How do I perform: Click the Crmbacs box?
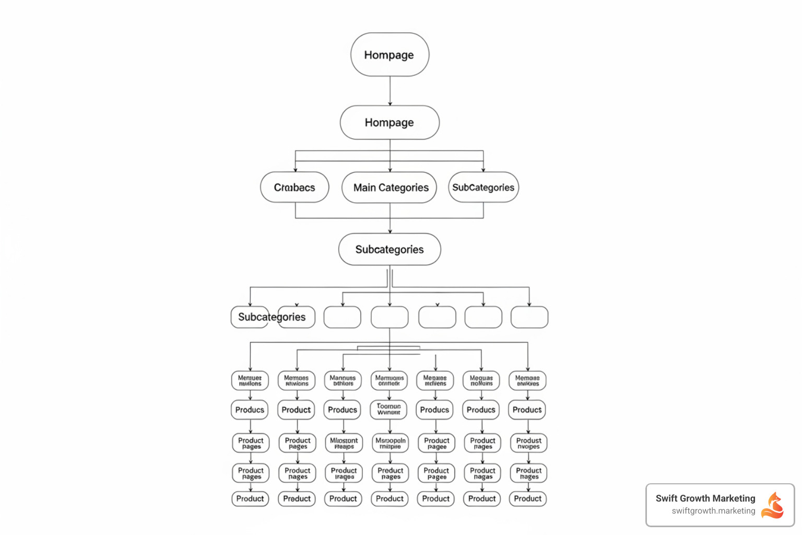tap(294, 187)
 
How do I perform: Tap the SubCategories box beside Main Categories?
tap(483, 187)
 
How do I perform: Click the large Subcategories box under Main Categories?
tap(390, 249)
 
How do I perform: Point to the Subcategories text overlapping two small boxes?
tap(272, 317)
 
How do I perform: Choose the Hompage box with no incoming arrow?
tap(390, 55)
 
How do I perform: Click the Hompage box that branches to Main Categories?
tap(390, 122)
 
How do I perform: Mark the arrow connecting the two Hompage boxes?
tap(390, 91)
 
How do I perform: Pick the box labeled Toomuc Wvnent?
tap(389, 409)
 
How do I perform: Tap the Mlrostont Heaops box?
tap(344, 443)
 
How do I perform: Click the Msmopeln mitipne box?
tap(390, 443)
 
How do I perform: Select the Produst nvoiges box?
tap(528, 443)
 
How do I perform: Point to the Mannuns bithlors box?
tap(343, 380)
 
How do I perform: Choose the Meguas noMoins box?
tap(481, 380)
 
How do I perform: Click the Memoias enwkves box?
tap(527, 380)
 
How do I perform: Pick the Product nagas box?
tap(482, 473)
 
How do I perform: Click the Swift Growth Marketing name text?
tap(705, 498)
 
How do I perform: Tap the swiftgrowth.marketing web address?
tap(713, 511)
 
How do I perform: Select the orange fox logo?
tap(773, 505)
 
